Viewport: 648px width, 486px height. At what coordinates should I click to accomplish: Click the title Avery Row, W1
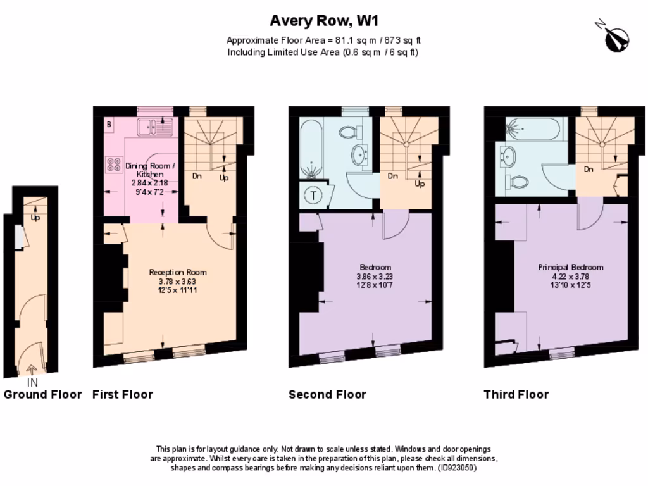pos(324,21)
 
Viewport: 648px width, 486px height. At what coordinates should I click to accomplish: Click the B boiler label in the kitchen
pos(109,125)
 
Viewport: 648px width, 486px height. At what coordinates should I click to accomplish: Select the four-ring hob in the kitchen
pos(115,165)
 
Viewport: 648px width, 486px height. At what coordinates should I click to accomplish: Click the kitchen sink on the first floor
pos(152,127)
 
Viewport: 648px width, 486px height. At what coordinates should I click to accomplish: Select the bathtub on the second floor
pos(312,149)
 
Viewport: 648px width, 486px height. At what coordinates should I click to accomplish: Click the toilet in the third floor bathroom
pos(519,182)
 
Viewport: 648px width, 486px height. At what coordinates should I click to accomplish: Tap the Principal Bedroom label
pos(570,267)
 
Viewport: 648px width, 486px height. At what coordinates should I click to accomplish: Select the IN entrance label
pos(32,383)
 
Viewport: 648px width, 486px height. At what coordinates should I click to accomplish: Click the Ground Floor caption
pos(43,395)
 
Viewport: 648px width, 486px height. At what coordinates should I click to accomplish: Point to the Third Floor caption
pos(516,395)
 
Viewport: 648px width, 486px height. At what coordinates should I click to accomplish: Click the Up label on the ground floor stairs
pos(35,217)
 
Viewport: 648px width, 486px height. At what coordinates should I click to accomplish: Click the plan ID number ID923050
pos(456,468)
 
